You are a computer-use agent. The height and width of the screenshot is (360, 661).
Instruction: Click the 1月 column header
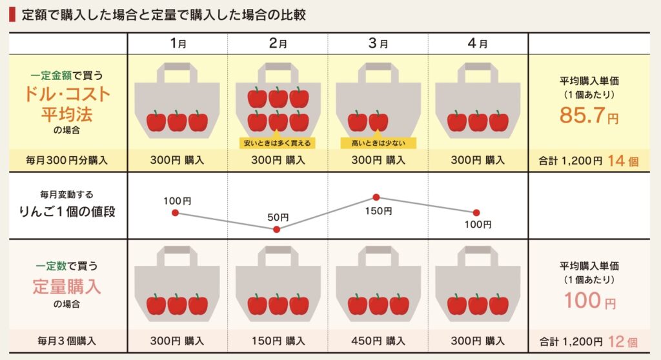[x=178, y=43]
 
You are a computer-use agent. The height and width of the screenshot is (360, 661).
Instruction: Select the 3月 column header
[x=378, y=43]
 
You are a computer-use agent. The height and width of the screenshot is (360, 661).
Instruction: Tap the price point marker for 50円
[x=276, y=229]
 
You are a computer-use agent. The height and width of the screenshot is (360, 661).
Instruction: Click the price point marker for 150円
[x=376, y=197]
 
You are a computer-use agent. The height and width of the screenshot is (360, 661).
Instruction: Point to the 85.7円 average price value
[x=589, y=115]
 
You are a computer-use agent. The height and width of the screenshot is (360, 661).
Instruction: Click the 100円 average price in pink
[x=590, y=300]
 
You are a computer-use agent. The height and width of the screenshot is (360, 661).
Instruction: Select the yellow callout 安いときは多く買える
[x=277, y=143]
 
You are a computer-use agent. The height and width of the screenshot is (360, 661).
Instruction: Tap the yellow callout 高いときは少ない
[x=378, y=143]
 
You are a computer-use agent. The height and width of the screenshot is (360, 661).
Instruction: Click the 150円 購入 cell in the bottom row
[x=278, y=341]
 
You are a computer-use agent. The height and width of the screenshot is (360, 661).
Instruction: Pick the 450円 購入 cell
[x=378, y=341]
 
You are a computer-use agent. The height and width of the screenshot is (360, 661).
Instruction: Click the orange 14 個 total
[x=623, y=161]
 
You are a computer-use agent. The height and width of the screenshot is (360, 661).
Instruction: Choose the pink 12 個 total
[x=623, y=341]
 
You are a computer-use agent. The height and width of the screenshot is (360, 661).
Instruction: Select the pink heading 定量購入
[x=67, y=286]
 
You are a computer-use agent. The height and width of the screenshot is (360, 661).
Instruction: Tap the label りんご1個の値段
[x=67, y=211]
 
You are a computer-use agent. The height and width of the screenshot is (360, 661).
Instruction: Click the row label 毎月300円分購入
[x=66, y=160]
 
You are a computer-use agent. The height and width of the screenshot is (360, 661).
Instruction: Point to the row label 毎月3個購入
[x=66, y=341]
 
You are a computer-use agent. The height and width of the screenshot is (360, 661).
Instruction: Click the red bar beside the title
[x=12, y=15]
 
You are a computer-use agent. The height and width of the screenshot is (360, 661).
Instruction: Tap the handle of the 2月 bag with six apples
[x=278, y=72]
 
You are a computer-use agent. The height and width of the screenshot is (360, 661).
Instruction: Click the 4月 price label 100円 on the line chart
[x=478, y=225]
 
